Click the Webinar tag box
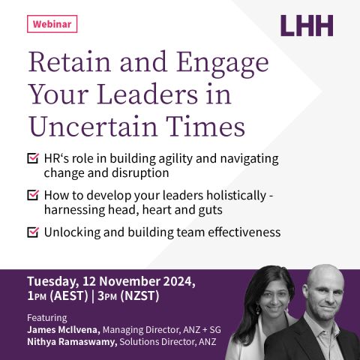52,24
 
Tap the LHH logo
307,25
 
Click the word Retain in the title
70,62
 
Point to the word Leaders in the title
148,94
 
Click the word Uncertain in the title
93,127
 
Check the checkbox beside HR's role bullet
33,158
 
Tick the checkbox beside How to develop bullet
33,195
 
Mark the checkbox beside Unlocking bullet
33,232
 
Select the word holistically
236,196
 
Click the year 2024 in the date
179,281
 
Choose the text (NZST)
139,296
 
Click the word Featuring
47,318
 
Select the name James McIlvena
64,330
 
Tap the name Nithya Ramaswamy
72,342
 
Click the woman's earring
258,310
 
